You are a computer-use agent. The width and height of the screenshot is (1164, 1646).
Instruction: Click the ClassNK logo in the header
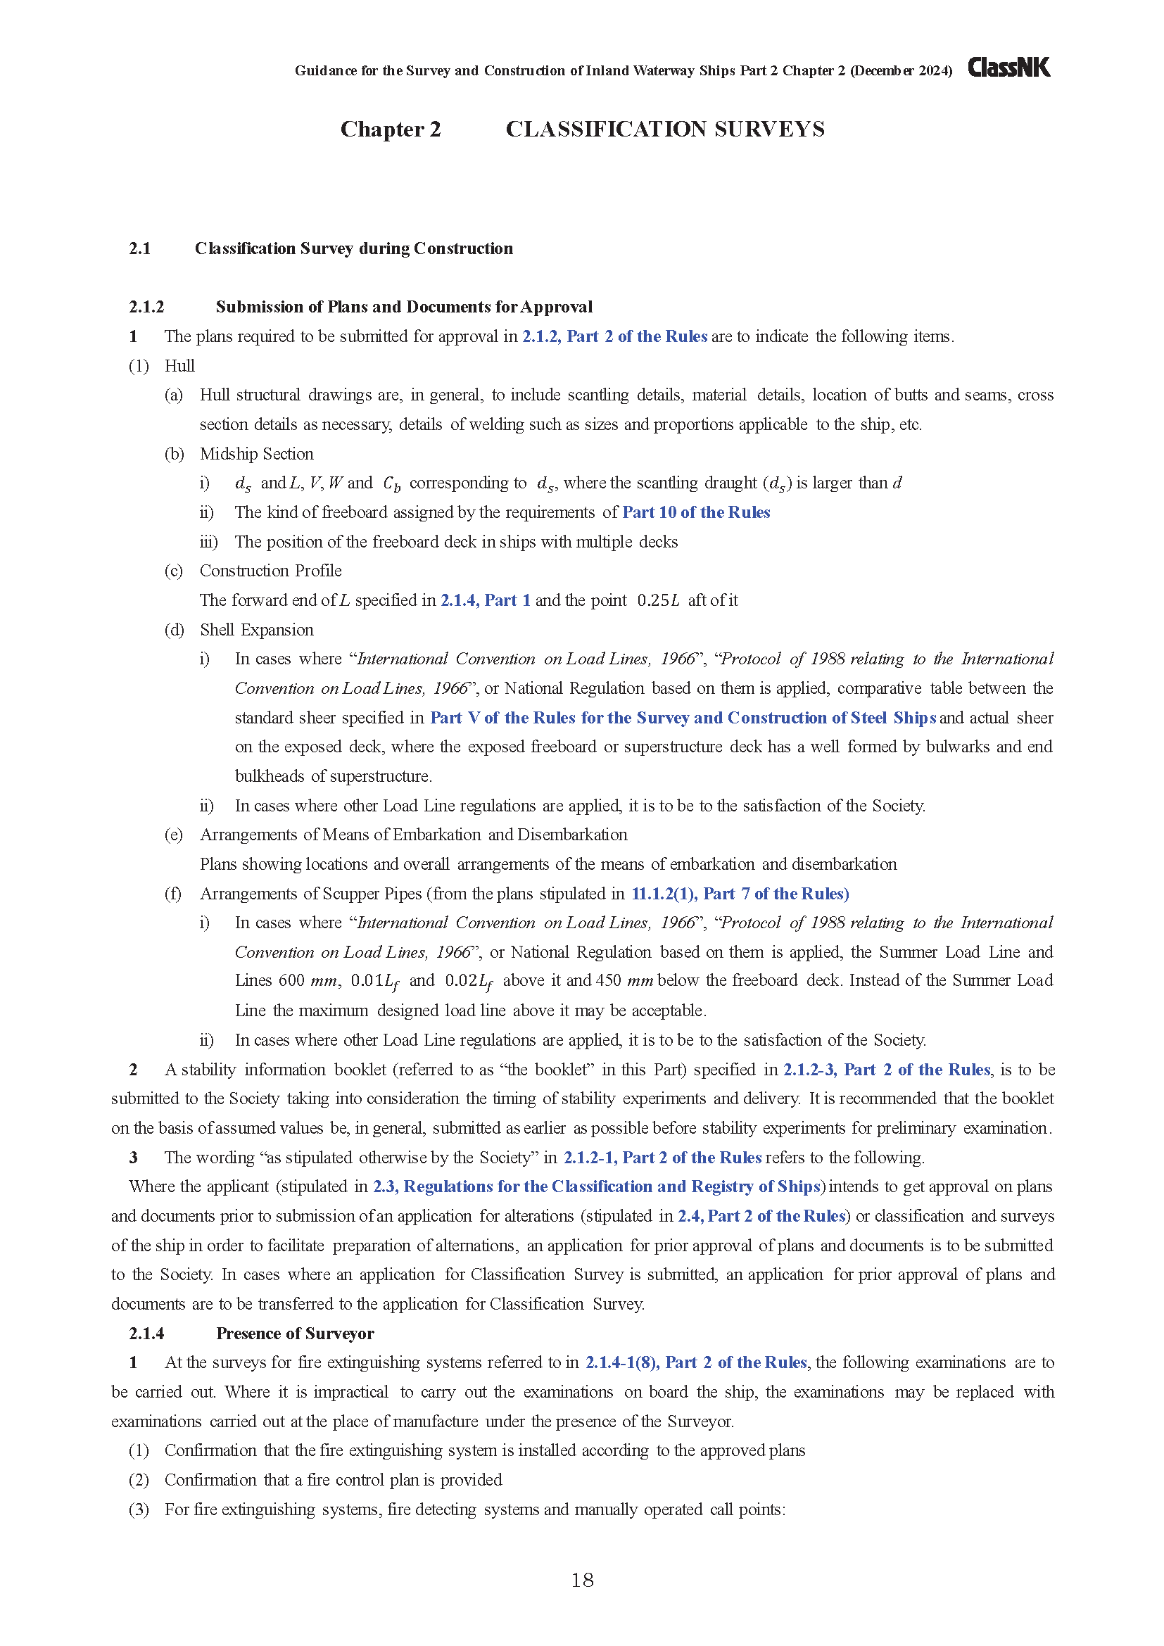[x=1008, y=68]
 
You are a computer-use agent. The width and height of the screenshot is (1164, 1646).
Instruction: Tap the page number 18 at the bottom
[x=582, y=1580]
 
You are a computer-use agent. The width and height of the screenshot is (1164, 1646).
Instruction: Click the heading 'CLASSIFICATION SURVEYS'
[x=664, y=129]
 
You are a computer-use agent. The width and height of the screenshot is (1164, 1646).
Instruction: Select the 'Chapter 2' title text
[x=390, y=129]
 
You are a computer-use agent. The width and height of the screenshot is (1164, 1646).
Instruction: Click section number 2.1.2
[x=146, y=307]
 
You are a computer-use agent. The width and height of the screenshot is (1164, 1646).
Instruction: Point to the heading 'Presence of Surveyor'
[x=295, y=1333]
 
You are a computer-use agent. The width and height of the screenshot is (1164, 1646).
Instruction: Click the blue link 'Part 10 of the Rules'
[x=695, y=512]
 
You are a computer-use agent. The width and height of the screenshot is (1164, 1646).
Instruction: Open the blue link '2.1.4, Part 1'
[x=486, y=600]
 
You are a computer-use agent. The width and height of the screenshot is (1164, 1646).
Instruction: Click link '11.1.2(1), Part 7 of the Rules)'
[x=740, y=893]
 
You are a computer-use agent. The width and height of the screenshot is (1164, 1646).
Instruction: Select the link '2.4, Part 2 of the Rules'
[x=761, y=1216]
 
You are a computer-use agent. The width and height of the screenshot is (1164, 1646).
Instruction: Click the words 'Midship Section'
[x=257, y=454]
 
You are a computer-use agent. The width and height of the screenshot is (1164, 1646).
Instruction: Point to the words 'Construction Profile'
[x=270, y=571]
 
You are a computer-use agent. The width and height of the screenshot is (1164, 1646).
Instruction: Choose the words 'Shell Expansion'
[x=257, y=629]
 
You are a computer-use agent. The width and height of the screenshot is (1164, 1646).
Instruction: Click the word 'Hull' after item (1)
[x=179, y=366]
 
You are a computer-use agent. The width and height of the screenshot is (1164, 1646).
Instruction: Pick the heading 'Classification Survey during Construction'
[x=353, y=248]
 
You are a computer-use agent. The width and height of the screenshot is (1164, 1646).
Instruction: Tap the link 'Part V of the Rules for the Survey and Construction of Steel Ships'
[x=683, y=718]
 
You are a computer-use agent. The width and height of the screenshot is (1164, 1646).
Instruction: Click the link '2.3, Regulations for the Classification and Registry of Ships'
[x=596, y=1186]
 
